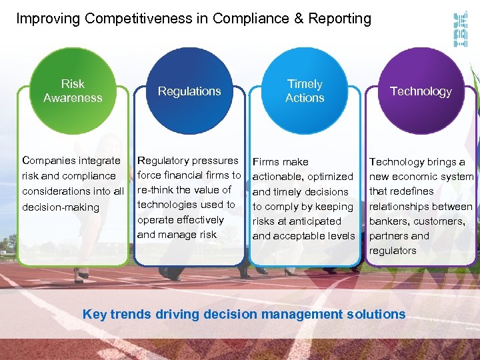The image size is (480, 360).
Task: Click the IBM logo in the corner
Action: pyautogui.click(x=460, y=30)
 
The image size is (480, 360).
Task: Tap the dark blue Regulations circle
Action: pyautogui.click(x=189, y=91)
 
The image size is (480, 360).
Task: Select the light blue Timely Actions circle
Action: pyautogui.click(x=305, y=91)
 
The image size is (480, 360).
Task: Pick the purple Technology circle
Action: pyautogui.click(x=421, y=91)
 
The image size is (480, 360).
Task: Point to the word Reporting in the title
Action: pyautogui.click(x=341, y=19)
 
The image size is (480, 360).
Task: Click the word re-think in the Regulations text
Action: pyautogui.click(x=156, y=190)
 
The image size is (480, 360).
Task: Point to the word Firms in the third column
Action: pyautogui.click(x=266, y=162)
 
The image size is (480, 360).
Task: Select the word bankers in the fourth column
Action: pyautogui.click(x=390, y=221)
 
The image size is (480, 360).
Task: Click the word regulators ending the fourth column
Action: pyautogui.click(x=393, y=251)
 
